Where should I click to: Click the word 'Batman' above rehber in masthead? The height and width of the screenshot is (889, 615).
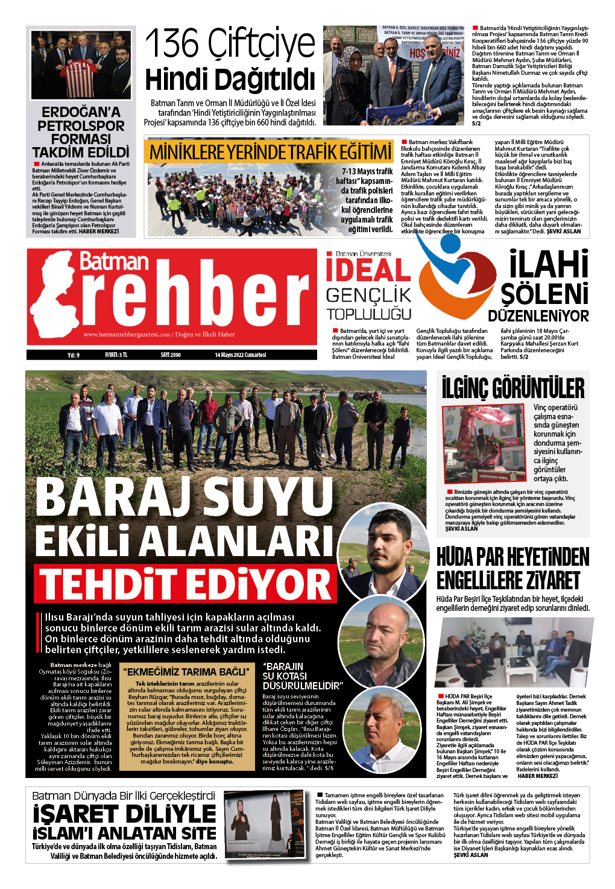pyautogui.click(x=114, y=262)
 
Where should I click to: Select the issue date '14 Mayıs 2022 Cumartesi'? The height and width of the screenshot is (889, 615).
pyautogui.click(x=240, y=355)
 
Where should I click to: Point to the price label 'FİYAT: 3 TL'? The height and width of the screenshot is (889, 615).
pyautogui.click(x=116, y=355)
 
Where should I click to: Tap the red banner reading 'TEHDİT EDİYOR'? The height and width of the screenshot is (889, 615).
pyautogui.click(x=185, y=584)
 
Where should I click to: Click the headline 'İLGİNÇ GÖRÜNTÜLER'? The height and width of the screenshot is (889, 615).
pyautogui.click(x=512, y=388)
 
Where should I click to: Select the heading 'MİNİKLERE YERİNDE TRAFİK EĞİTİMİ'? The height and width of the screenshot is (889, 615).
pyautogui.click(x=270, y=152)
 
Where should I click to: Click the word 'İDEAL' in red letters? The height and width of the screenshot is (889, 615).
pyautogui.click(x=368, y=270)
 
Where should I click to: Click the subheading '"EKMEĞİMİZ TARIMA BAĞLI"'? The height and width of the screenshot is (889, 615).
pyautogui.click(x=186, y=671)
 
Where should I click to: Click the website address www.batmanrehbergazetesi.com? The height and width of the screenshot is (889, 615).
pyautogui.click(x=127, y=334)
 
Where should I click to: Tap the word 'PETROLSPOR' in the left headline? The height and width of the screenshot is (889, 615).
pyautogui.click(x=81, y=125)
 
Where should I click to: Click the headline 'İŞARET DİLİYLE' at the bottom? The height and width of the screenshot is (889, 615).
pyautogui.click(x=124, y=814)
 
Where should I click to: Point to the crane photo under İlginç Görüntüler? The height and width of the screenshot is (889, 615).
pyautogui.click(x=484, y=443)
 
